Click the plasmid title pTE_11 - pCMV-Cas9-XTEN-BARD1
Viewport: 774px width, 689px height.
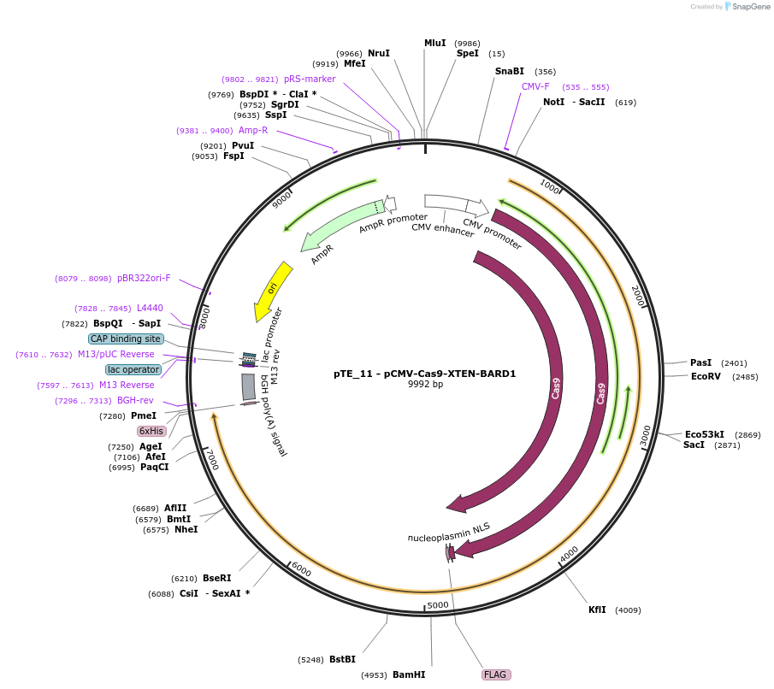click(x=424, y=374)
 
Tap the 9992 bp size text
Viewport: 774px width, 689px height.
click(x=425, y=385)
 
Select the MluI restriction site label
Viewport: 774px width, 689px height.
click(x=435, y=43)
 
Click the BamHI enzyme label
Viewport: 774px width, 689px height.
click(x=409, y=674)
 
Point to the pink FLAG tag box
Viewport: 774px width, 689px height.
click(x=496, y=674)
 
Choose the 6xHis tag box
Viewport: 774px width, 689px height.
click(x=151, y=431)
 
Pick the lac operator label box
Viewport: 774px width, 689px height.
click(x=133, y=369)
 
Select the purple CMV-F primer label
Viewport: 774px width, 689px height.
click(x=535, y=86)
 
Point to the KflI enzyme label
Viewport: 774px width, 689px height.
click(x=597, y=609)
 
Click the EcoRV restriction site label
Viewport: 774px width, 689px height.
click(x=706, y=376)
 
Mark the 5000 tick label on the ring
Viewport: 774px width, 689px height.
click(x=437, y=605)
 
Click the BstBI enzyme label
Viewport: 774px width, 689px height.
click(x=342, y=659)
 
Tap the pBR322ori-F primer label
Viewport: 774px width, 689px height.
click(x=144, y=278)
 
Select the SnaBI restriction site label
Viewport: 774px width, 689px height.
click(x=509, y=71)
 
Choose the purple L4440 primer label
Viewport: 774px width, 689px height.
click(x=150, y=308)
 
